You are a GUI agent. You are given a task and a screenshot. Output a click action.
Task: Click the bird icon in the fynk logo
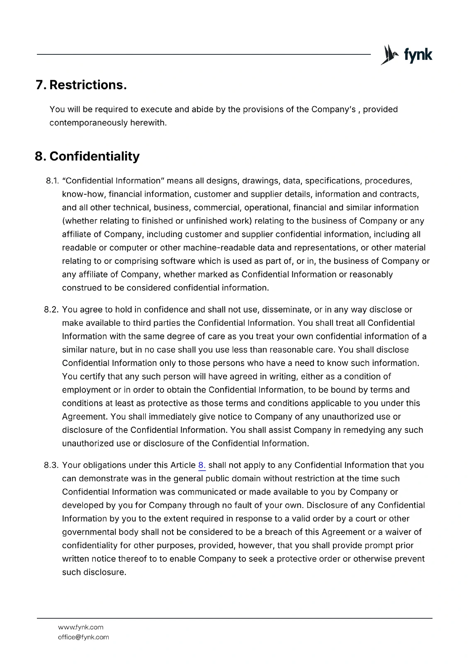click(388, 55)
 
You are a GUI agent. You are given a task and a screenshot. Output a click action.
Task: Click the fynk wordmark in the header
click(418, 55)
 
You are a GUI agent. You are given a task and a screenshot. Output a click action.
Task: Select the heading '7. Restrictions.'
click(81, 85)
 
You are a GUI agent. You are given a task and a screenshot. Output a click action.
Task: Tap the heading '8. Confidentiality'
click(87, 156)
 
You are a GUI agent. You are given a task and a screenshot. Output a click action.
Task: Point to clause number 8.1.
click(51, 181)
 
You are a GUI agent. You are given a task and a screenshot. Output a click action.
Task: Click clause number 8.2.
click(51, 310)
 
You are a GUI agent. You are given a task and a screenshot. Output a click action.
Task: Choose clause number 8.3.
click(51, 465)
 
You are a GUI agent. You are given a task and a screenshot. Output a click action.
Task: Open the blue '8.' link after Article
click(202, 465)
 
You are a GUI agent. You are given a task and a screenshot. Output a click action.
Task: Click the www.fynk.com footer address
click(80, 627)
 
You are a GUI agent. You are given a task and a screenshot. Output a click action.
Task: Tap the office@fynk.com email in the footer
click(83, 637)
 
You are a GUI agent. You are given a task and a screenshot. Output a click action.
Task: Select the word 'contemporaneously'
click(88, 123)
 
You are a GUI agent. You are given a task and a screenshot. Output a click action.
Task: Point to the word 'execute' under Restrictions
click(156, 110)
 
